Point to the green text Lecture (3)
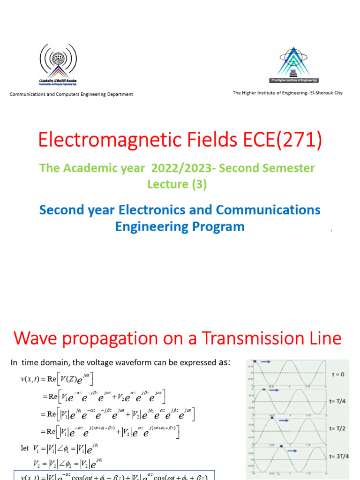(177, 184)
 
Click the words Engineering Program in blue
(180, 226)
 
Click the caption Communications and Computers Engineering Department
(71, 94)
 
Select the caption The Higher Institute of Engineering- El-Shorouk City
(287, 93)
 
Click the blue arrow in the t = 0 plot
(265, 362)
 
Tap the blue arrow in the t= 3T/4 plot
(292, 450)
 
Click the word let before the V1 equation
(25, 448)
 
